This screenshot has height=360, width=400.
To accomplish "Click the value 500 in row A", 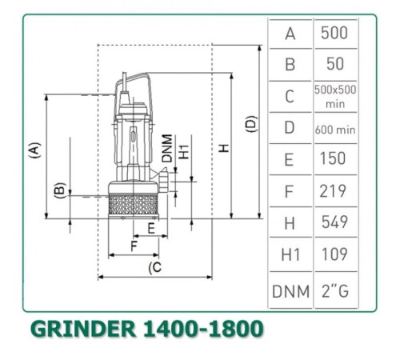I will point(334,34).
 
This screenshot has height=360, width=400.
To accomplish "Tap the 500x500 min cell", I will point(334,96).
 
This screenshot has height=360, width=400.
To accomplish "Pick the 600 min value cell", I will point(334,128).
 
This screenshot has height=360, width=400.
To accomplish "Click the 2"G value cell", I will point(334,291).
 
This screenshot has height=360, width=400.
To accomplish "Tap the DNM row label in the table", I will point(290,291).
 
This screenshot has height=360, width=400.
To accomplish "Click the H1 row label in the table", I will point(290,255).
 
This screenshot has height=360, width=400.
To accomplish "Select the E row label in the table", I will point(290,159).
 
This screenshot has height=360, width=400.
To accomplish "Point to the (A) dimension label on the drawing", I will point(34,151).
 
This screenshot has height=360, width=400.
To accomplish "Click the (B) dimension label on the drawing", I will point(58,191).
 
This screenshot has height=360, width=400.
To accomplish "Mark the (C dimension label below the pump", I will point(154,266).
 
